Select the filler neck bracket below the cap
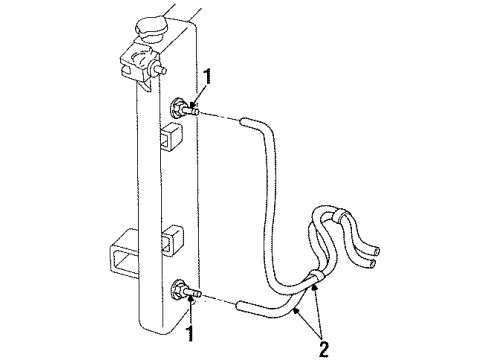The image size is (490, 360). (137, 64)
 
